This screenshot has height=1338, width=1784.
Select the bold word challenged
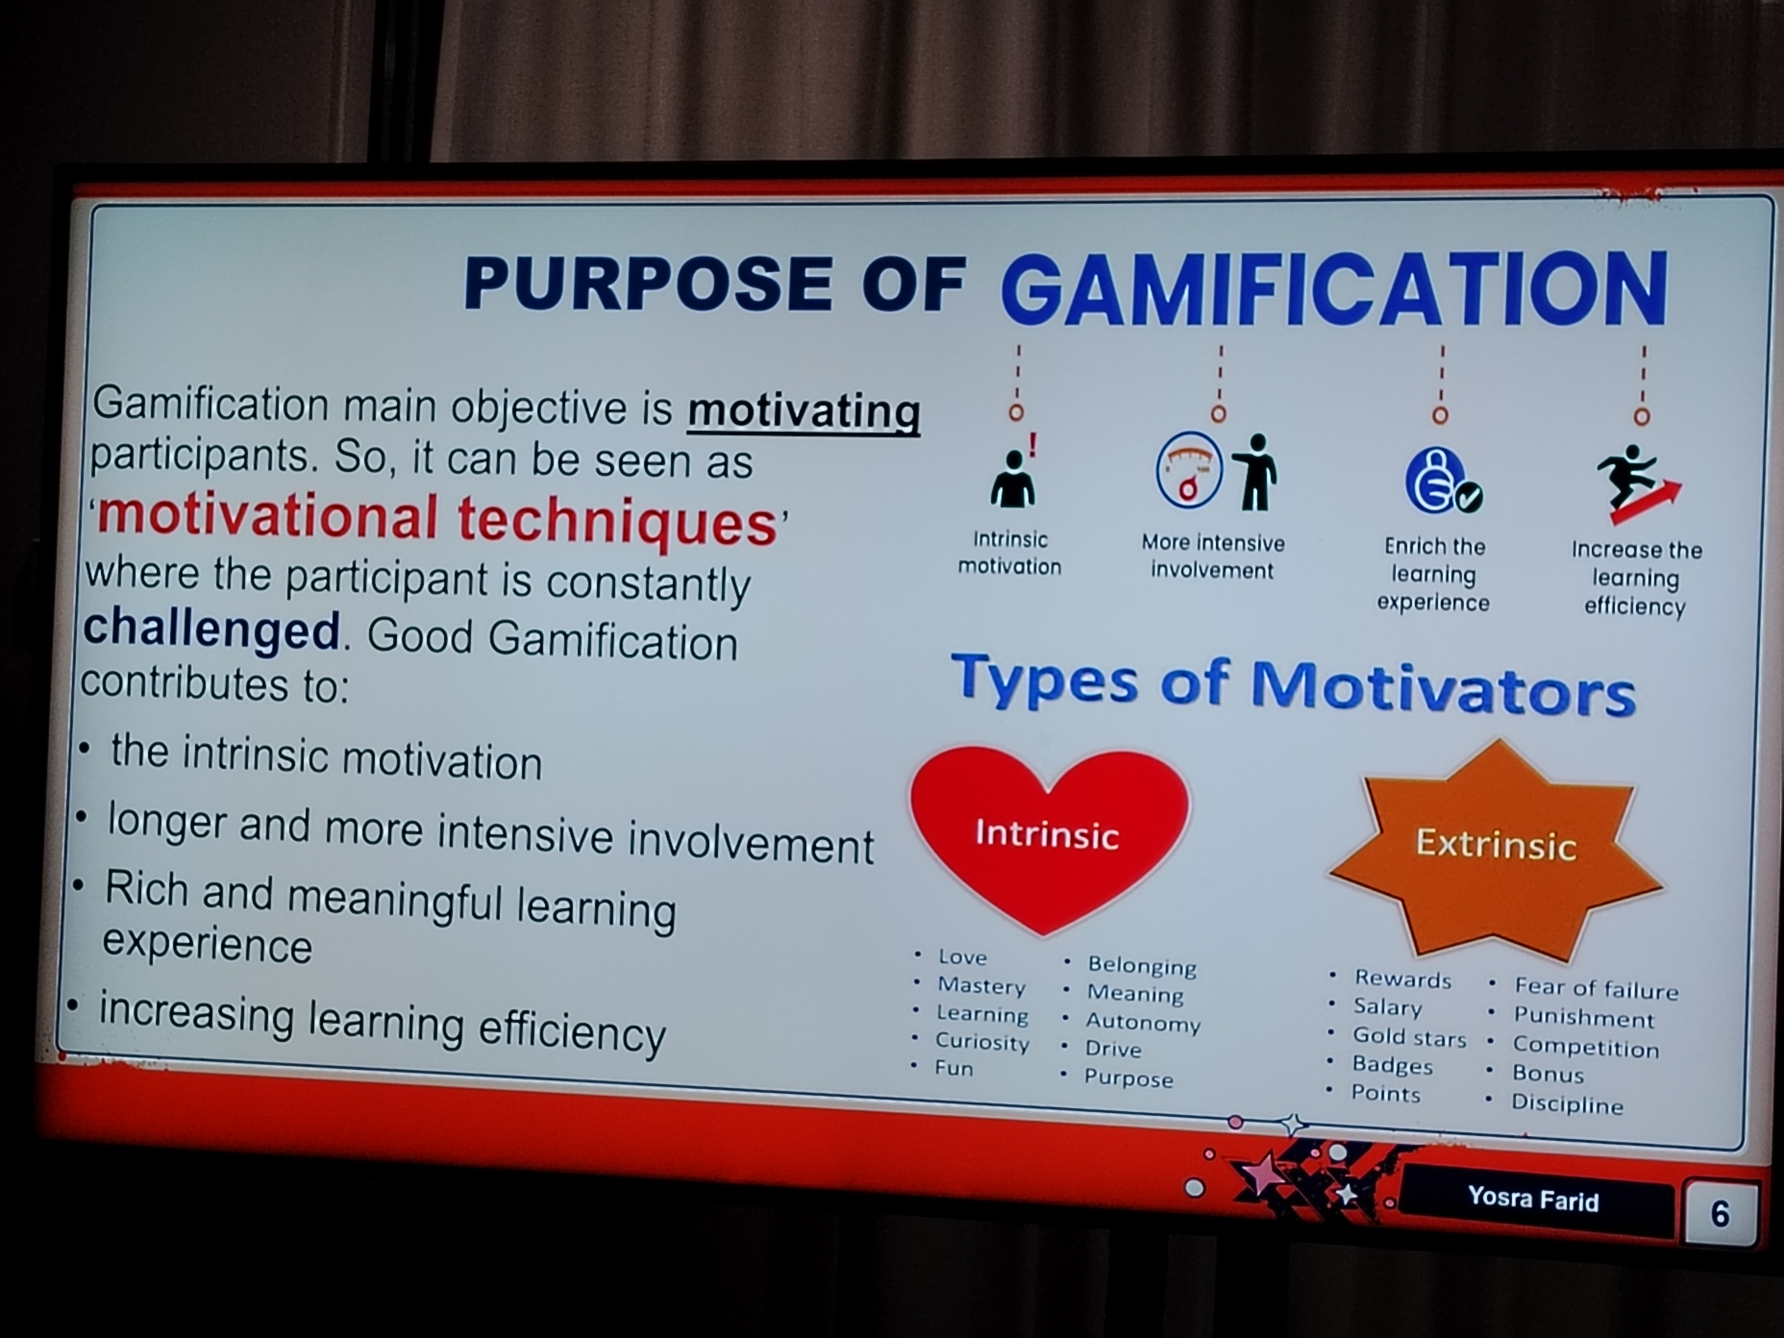click(211, 629)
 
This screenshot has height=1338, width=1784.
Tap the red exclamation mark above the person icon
click(1032, 444)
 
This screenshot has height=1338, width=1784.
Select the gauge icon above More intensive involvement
click(1188, 470)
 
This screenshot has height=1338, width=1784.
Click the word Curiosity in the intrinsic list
click(982, 1041)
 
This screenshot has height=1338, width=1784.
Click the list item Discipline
click(1567, 1103)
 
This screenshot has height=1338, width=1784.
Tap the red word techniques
click(618, 521)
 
